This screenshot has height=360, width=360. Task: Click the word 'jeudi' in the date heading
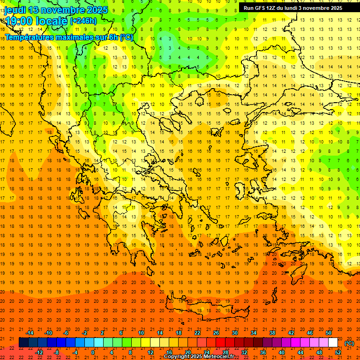[15, 10]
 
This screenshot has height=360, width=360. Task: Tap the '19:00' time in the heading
[18, 21]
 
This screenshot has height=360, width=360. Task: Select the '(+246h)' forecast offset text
[83, 21]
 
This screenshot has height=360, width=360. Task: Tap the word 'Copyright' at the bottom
[177, 357]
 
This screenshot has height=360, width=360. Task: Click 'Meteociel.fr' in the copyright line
[219, 357]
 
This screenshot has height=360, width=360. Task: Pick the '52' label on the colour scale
[338, 352]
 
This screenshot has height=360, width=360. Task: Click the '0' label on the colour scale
[93, 352]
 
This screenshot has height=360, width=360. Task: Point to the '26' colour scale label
[216, 332]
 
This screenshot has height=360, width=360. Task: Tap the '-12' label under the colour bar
[39, 352]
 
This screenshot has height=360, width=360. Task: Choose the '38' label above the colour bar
[272, 332]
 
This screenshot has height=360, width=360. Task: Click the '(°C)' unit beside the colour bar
[349, 343]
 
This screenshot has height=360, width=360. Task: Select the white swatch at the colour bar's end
[333, 342]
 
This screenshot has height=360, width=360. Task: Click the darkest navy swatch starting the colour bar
[23, 342]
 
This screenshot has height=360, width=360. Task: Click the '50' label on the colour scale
[329, 332]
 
